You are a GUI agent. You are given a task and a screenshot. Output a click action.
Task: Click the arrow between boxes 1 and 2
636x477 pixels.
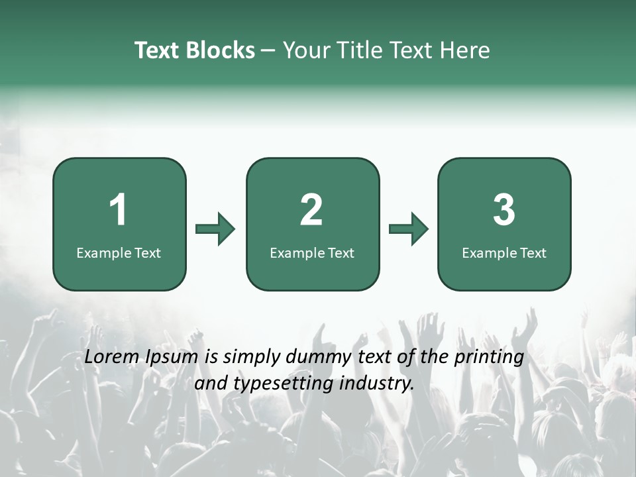point(215,229)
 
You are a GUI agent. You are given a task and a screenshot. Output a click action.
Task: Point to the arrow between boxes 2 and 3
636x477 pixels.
point(409,229)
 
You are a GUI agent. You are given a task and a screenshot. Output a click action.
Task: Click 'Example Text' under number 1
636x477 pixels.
point(119,252)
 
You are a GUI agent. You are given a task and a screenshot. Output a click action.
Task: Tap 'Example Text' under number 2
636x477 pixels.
point(312,252)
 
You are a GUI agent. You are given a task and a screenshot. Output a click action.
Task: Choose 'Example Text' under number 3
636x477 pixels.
point(504,252)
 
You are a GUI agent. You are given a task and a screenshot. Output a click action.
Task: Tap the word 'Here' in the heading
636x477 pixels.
point(466,50)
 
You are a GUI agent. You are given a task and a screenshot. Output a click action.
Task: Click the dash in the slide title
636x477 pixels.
point(268,51)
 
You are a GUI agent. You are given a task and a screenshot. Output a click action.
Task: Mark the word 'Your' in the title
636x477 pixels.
point(304,50)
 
